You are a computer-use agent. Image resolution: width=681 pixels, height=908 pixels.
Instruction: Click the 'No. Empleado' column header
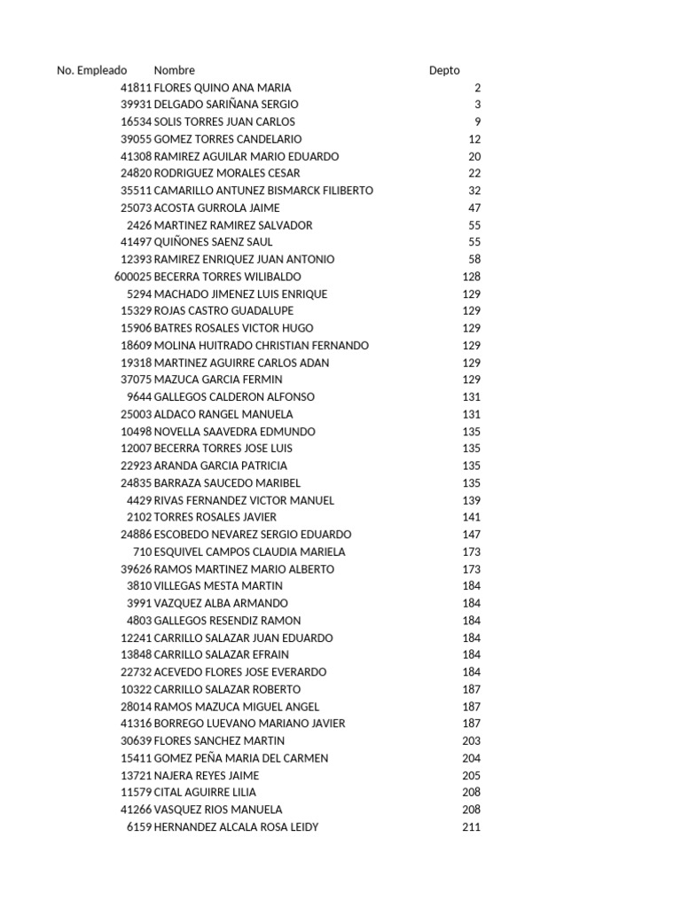click(91, 70)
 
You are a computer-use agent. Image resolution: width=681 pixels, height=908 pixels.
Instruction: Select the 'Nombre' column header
click(174, 70)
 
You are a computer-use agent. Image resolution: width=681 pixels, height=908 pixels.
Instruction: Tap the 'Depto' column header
click(444, 70)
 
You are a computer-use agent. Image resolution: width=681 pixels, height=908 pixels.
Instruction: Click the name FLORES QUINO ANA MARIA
click(223, 88)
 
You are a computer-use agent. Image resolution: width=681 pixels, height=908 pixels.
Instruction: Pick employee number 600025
click(133, 277)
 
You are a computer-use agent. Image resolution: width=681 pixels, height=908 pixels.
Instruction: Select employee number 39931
click(137, 105)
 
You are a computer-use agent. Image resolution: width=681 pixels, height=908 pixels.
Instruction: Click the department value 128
click(471, 277)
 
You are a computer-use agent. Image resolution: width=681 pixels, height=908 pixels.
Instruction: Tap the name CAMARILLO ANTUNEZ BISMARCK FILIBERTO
click(263, 191)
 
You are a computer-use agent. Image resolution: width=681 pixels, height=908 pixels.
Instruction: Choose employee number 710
click(142, 552)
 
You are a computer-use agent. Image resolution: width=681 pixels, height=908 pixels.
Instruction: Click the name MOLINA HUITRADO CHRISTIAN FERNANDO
click(262, 346)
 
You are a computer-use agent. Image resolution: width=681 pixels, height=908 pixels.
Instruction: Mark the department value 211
click(471, 827)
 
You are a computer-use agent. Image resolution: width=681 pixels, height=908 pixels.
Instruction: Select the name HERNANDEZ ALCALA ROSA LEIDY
click(236, 827)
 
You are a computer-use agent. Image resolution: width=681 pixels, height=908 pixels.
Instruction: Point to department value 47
click(474, 207)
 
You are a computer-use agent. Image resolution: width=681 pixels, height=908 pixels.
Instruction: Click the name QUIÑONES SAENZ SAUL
click(213, 242)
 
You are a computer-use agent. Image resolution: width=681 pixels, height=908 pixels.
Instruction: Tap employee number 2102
click(139, 517)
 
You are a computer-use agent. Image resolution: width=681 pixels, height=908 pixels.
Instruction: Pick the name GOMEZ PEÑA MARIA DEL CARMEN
click(241, 758)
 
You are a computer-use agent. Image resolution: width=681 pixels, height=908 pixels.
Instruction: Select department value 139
click(471, 500)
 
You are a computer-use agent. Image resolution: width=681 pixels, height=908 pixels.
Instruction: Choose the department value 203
click(471, 741)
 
